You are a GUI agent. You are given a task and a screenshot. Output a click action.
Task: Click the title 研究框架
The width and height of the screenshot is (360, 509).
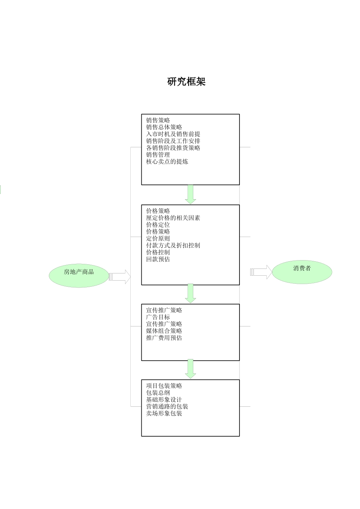(186, 81)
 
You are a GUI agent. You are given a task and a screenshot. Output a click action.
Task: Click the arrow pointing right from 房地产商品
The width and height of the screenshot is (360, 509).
(120, 277)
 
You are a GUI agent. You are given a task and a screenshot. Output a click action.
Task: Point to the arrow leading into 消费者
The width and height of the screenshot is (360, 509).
(261, 272)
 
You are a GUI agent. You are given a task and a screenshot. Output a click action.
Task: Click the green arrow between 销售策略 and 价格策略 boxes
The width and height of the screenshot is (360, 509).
(190, 194)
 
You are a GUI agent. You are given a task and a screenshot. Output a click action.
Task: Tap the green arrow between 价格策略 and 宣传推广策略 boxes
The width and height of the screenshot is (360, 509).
(190, 294)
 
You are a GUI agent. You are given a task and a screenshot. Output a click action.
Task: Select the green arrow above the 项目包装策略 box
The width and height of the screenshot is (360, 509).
(190, 369)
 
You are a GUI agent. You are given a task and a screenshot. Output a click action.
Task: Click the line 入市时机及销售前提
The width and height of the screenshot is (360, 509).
(173, 134)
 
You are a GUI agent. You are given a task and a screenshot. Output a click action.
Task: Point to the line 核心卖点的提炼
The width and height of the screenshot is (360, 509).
(167, 162)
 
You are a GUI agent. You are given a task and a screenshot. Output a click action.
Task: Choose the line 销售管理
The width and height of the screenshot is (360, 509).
(158, 155)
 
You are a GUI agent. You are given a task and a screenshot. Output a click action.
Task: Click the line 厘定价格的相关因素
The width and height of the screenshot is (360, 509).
(173, 218)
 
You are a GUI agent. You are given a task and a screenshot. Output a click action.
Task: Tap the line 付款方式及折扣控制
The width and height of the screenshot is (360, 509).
(173, 245)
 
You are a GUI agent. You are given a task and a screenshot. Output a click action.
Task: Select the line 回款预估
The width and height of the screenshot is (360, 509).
(158, 259)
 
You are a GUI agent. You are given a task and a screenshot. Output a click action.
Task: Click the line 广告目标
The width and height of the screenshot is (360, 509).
(158, 317)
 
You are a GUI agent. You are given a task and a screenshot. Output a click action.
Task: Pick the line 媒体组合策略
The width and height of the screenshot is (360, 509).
(164, 331)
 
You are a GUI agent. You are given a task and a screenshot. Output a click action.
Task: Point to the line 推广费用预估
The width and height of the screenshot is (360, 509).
(164, 338)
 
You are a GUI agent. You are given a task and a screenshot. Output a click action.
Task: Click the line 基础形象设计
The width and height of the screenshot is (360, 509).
(164, 400)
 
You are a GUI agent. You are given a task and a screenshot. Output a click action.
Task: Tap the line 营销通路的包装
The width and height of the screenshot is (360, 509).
(167, 406)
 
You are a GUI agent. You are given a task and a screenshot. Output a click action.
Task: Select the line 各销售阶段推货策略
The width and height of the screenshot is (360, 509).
(173, 148)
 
